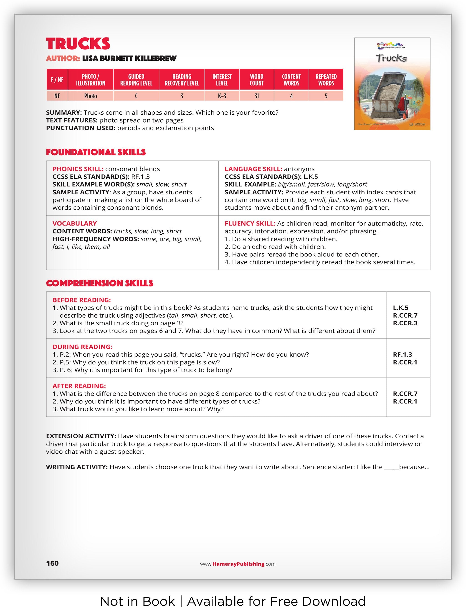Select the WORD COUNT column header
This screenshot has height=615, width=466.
pos(256,80)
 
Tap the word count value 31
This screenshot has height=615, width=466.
pos(256,96)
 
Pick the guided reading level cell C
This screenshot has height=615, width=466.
pos(136,96)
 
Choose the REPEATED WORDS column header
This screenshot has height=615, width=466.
pos(326,80)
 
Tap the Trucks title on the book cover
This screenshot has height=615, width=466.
pos(391,58)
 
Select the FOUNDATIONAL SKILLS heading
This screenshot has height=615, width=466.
pos(96,152)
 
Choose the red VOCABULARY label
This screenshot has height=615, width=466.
pos(75,223)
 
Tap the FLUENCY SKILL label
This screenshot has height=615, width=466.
pos(250,223)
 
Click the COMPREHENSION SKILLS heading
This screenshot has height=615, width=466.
pos(100,283)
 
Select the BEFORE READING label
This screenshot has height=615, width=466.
pos(81,300)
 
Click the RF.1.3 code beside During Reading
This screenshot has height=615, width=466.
pos(402,354)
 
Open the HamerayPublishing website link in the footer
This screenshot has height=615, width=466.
pos(238,564)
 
